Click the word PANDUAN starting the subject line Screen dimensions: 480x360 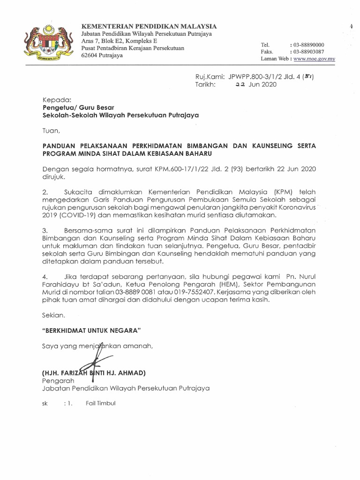click(60, 146)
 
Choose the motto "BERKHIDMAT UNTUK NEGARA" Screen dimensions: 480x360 click(92, 330)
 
